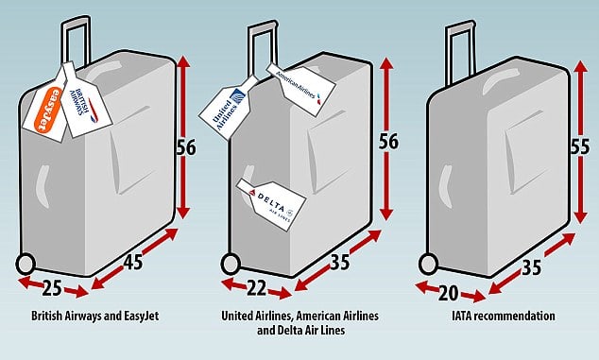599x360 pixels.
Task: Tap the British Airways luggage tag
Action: click(85, 101)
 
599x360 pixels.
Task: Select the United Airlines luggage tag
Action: click(227, 108)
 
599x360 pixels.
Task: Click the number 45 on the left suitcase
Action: click(133, 263)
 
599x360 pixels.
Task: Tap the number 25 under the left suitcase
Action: click(52, 288)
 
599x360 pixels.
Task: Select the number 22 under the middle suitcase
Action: click(256, 288)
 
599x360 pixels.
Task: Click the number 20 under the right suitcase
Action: click(448, 293)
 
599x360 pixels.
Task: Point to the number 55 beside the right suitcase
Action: click(580, 146)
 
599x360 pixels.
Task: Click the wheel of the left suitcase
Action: click(26, 264)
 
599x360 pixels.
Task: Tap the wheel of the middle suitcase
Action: click(231, 264)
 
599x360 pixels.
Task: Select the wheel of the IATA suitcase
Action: click(429, 264)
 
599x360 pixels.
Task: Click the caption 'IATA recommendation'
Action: click(504, 316)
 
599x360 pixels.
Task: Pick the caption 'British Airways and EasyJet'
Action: click(94, 316)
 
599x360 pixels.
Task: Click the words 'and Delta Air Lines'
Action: click(300, 330)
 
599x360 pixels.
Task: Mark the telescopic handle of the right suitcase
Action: click(461, 54)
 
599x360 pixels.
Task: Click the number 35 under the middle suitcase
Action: click(339, 262)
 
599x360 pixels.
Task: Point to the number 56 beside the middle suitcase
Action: click(388, 142)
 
